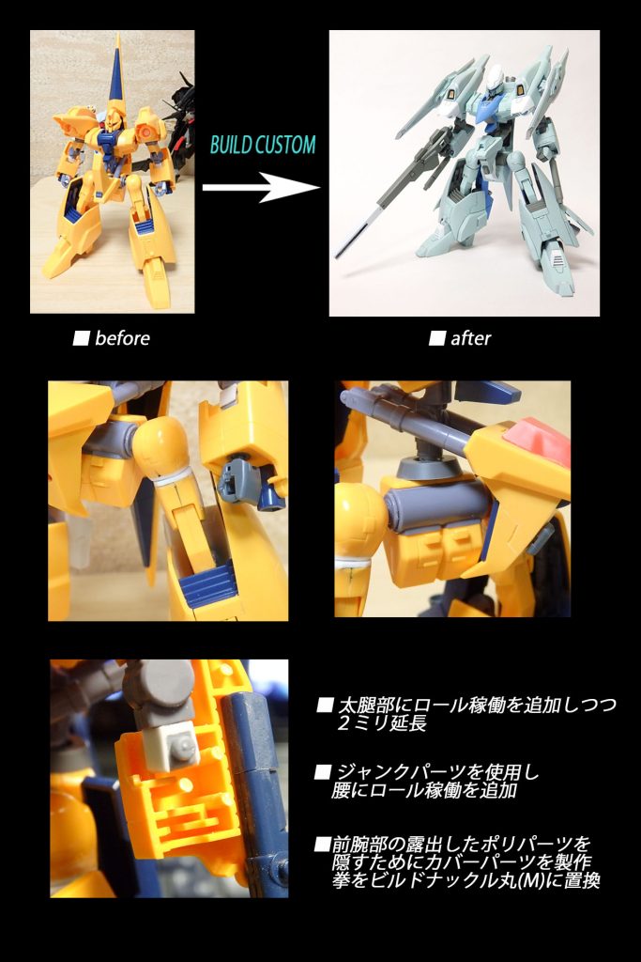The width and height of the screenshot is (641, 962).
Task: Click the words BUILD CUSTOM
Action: [x=262, y=146]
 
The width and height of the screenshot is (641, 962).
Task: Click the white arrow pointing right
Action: [x=261, y=187]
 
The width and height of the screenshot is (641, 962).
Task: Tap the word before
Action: [x=122, y=338]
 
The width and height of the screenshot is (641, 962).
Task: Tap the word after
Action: [x=470, y=338]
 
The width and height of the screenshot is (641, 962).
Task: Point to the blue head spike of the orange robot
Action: [x=118, y=75]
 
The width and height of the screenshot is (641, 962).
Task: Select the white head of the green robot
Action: [x=482, y=70]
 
